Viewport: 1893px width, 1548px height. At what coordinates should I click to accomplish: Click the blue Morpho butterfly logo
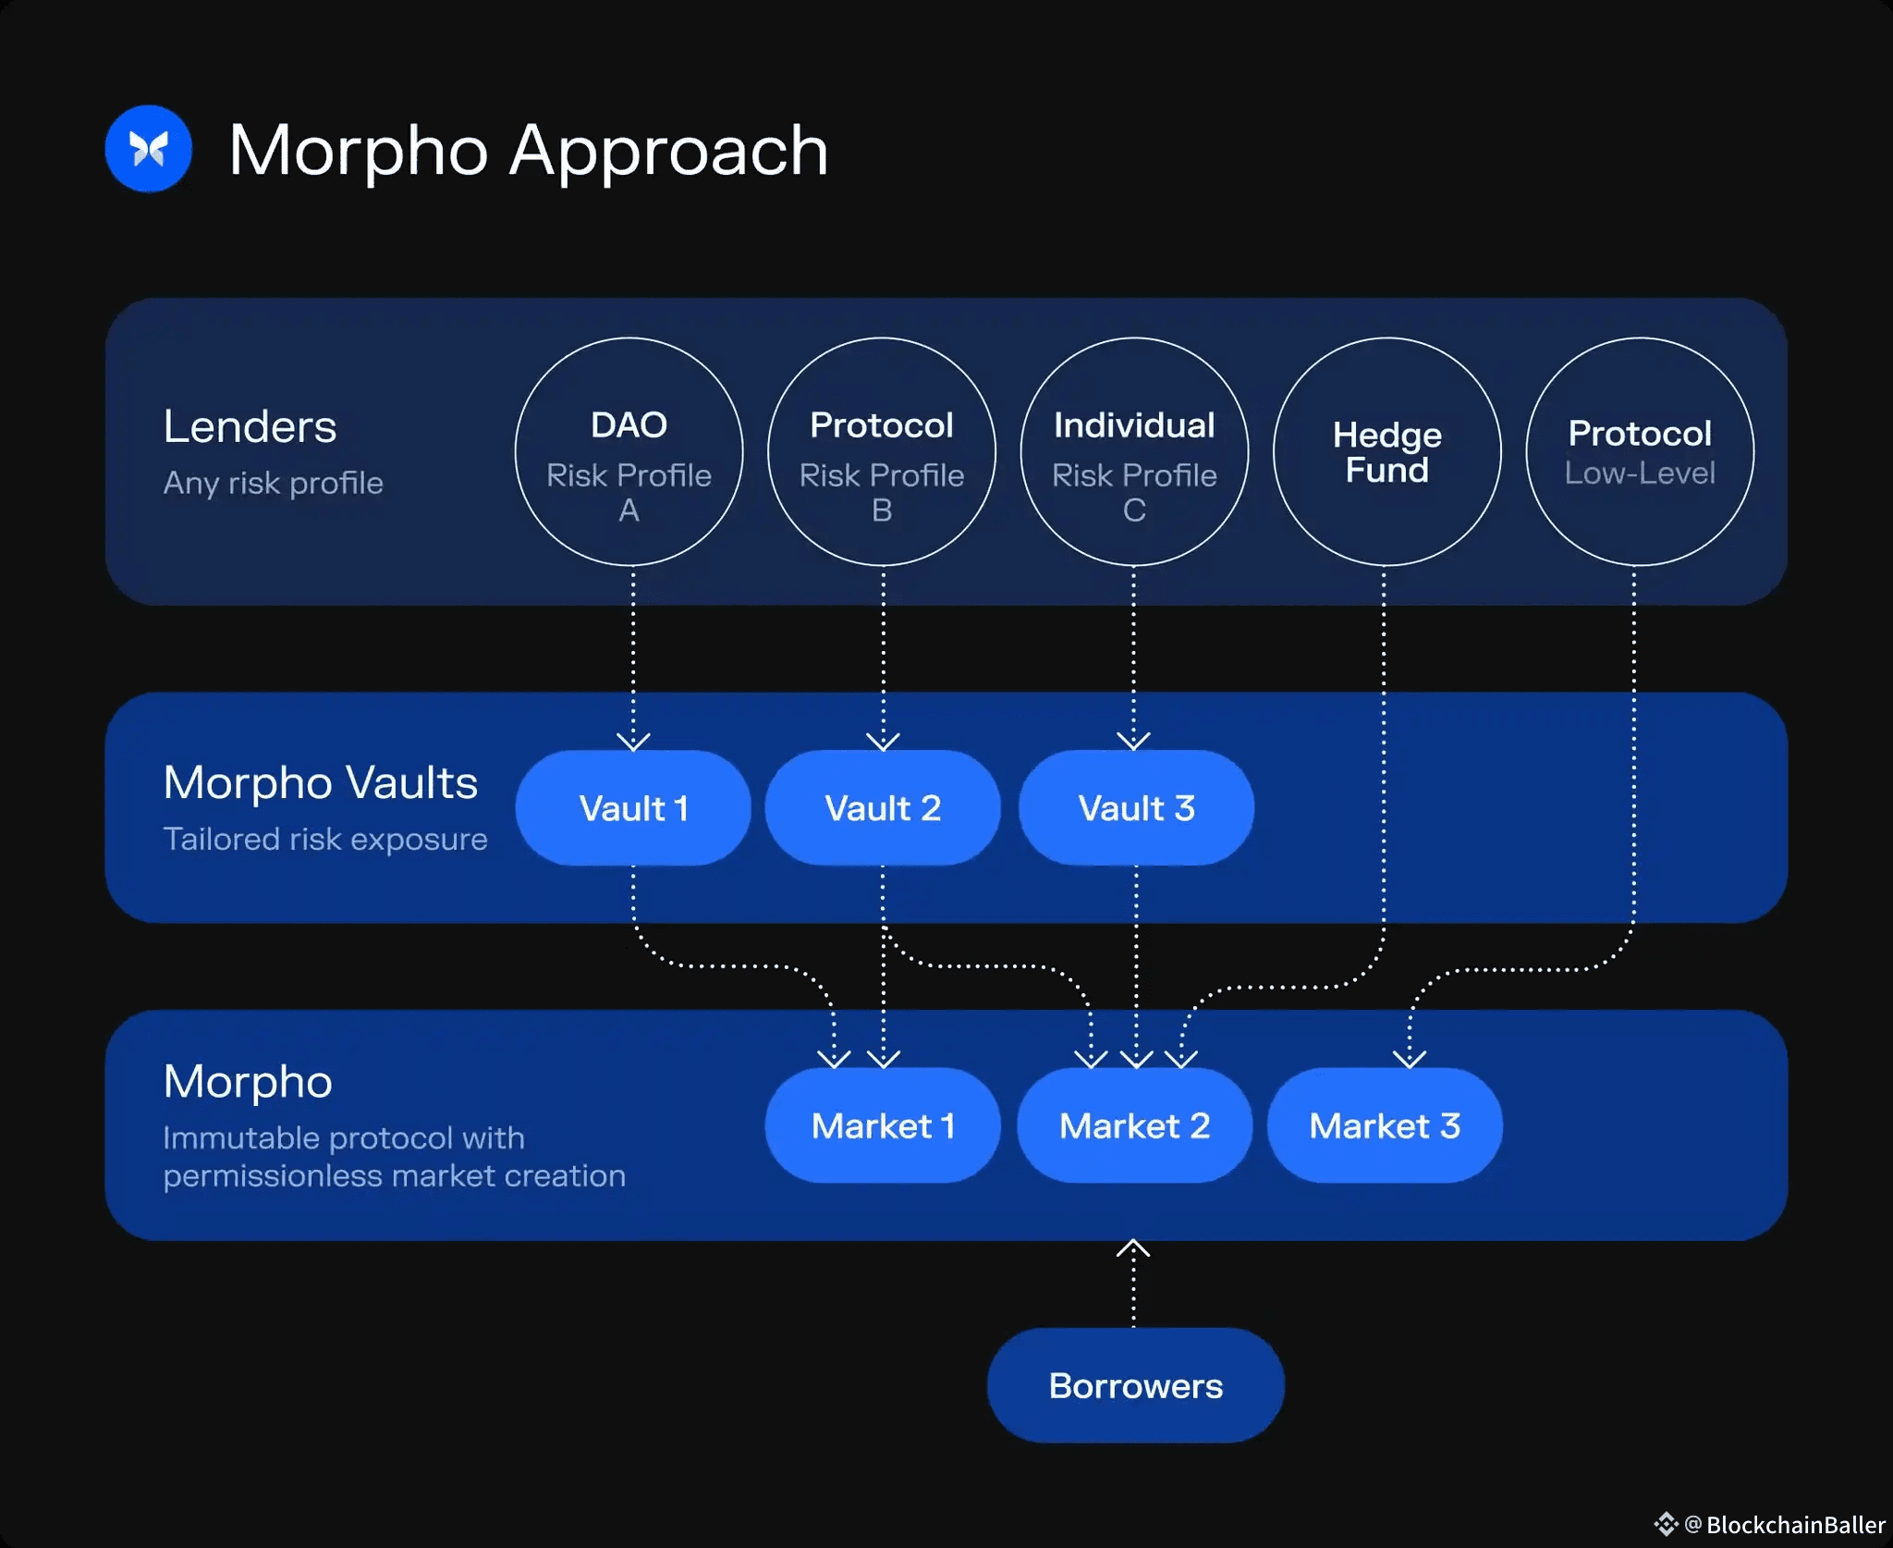pyautogui.click(x=148, y=149)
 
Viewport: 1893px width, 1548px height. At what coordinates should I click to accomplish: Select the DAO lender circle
pyautogui.click(x=629, y=451)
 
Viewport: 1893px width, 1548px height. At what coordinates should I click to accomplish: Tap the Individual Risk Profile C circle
pyautogui.click(x=1134, y=451)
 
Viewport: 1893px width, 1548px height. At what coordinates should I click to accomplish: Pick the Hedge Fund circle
pyautogui.click(x=1386, y=451)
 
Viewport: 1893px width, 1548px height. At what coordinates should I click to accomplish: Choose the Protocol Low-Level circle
pyautogui.click(x=1640, y=451)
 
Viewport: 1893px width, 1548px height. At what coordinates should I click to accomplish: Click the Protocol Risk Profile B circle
pyautogui.click(x=881, y=451)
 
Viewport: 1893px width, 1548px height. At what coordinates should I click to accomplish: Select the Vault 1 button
pyautogui.click(x=633, y=808)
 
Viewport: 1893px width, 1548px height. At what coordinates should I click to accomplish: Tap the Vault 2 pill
pyautogui.click(x=883, y=808)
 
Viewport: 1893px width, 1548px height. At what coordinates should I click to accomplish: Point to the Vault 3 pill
pyautogui.click(x=1136, y=808)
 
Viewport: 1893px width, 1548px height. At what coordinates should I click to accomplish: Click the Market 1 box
pyautogui.click(x=883, y=1125)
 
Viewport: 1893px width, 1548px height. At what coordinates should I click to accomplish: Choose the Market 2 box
pyautogui.click(x=1134, y=1125)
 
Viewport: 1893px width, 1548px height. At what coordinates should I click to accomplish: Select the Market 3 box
pyautogui.click(x=1385, y=1125)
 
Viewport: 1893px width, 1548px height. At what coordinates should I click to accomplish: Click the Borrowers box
pyautogui.click(x=1135, y=1385)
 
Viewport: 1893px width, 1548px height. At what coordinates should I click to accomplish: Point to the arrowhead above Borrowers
pyautogui.click(x=1133, y=1249)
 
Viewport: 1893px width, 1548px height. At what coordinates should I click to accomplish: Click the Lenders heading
pyautogui.click(x=250, y=427)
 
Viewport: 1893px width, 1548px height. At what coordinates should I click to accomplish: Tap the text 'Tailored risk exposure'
pyautogui.click(x=325, y=839)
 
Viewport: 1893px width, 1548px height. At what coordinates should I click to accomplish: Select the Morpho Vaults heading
pyautogui.click(x=320, y=782)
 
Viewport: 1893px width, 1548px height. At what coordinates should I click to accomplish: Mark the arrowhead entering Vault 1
pyautogui.click(x=633, y=741)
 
